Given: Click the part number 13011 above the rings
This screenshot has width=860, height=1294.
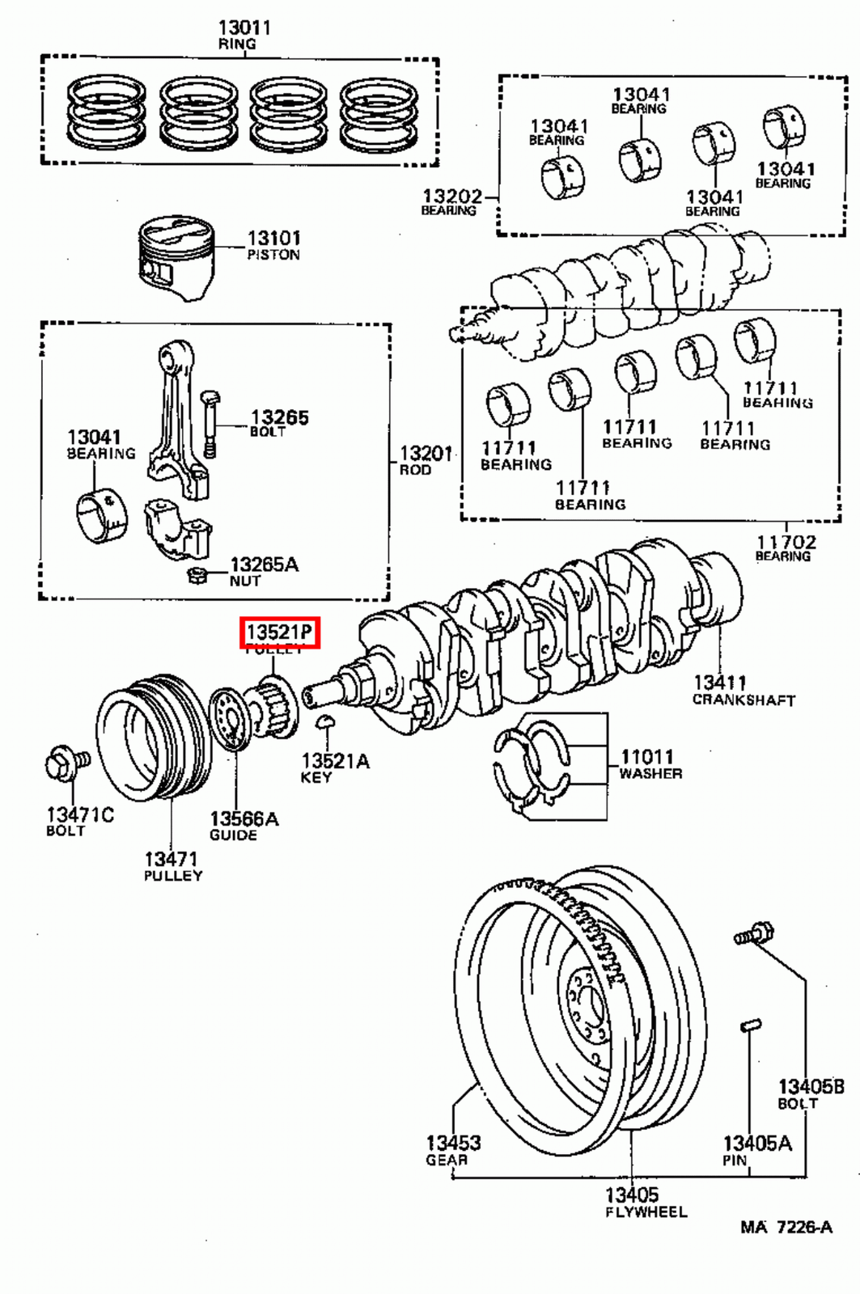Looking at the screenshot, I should click(244, 27).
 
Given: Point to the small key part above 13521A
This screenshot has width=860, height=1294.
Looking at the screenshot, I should click(325, 721).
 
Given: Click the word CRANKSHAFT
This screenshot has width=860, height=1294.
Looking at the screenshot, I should click(743, 700).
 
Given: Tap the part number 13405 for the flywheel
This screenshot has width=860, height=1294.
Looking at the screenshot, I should click(632, 1194).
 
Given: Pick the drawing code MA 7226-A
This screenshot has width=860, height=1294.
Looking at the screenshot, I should click(786, 1227).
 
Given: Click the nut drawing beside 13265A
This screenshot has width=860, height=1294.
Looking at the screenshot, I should click(194, 575).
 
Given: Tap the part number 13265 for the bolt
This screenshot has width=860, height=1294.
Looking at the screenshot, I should click(279, 417).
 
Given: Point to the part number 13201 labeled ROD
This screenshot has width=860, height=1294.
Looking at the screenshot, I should click(426, 453).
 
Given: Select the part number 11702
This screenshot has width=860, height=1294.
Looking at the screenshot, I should click(786, 542).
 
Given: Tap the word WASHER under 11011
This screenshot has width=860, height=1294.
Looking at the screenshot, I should click(650, 773).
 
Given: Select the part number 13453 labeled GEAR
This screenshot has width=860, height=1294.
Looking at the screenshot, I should click(453, 1143).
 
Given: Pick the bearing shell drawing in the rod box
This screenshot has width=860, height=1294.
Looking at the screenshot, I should click(101, 516).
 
